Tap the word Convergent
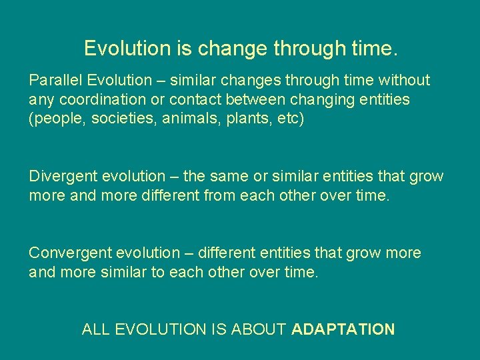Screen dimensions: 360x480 70,253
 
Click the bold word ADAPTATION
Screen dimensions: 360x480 343,329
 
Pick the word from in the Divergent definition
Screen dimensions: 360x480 198,196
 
